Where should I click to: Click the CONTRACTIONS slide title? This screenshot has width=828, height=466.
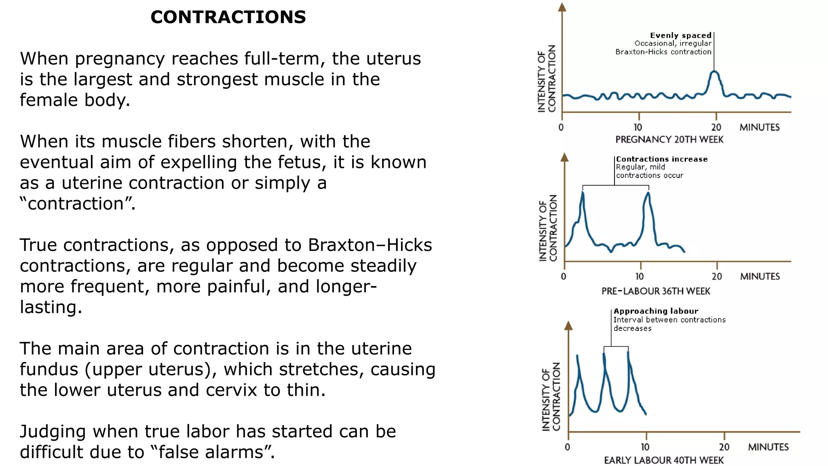pos(228,17)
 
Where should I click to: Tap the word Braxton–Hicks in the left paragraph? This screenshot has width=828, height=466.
pos(370,245)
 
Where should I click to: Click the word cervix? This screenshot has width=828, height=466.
pos(232,390)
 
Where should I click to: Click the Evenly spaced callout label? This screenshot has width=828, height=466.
pos(680,36)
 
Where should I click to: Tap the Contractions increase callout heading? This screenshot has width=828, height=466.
pos(662,159)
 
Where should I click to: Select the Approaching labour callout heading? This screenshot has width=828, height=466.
pos(656,311)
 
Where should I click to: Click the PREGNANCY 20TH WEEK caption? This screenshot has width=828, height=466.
pos(669,140)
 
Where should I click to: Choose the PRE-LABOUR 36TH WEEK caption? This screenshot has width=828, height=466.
pos(655,291)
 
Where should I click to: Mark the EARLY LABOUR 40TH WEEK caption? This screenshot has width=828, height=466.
pos(663,460)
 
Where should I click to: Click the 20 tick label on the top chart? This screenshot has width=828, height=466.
pos(716,127)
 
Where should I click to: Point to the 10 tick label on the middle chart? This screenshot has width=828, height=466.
pos(639,277)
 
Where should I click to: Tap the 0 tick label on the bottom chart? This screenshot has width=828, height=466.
pos(567,447)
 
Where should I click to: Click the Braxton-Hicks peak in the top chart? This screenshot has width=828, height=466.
pos(714,72)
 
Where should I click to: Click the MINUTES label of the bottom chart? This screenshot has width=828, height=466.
pos(768,447)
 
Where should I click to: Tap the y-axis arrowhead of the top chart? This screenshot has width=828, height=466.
pos(562,7)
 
